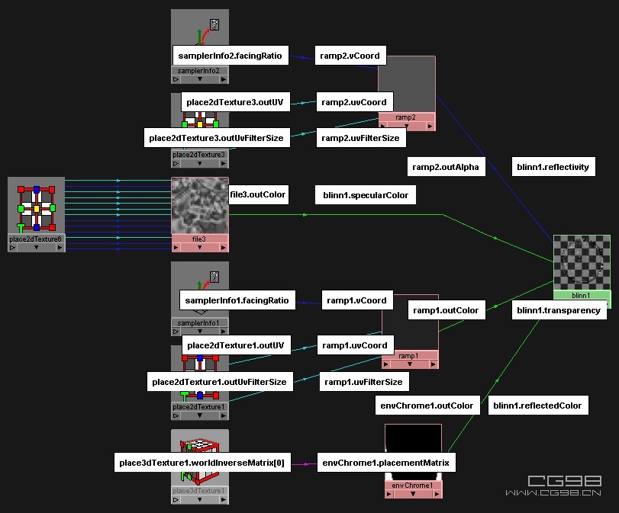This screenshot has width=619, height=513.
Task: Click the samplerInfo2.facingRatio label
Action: click(230, 56)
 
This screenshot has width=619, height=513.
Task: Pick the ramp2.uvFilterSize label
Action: click(360, 138)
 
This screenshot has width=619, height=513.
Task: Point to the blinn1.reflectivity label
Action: click(553, 167)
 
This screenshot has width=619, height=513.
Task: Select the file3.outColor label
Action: click(258, 194)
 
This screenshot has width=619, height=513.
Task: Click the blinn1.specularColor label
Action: click(366, 195)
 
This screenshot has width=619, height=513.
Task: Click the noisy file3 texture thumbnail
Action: click(200, 206)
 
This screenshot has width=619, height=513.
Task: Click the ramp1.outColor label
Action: click(447, 309)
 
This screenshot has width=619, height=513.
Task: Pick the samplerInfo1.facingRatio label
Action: click(237, 300)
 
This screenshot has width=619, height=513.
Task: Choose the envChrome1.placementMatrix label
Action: click(387, 462)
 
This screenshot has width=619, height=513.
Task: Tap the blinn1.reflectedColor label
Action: click(538, 406)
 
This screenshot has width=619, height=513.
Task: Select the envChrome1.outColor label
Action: click(427, 406)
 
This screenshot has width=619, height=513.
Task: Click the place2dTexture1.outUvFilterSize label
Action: click(219, 382)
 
